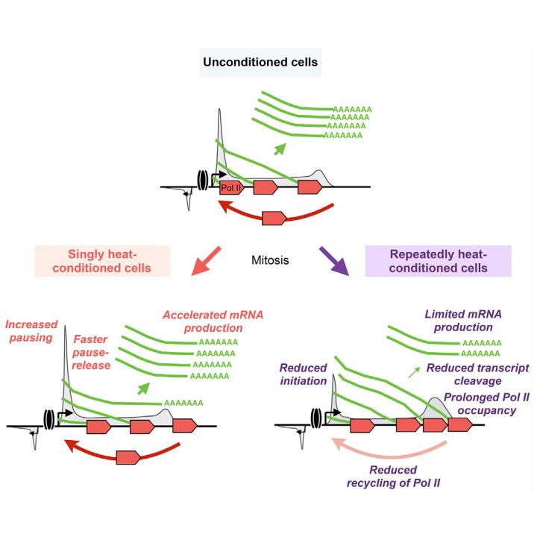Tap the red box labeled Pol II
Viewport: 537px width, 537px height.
231,187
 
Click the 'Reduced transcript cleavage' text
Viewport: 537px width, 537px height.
477,374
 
